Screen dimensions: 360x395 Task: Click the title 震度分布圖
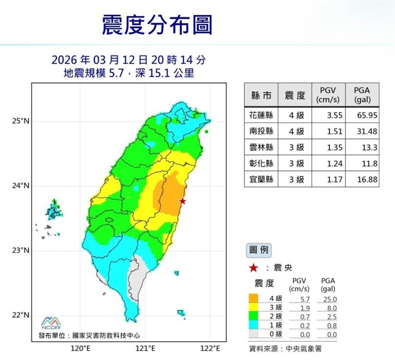pos(157,25)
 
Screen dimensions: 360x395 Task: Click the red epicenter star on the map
pos(183,201)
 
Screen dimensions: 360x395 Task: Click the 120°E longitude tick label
pos(80,349)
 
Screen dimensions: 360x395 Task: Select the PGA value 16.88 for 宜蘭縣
pos(366,180)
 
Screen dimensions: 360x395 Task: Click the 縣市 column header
pos(261,95)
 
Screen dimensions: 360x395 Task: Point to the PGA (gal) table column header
pos(366,95)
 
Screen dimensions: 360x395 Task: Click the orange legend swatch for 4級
pos(254,299)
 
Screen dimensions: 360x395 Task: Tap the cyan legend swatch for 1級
pos(254,325)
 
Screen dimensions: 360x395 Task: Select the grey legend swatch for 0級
pos(254,334)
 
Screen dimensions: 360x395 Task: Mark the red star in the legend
pos(253,268)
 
